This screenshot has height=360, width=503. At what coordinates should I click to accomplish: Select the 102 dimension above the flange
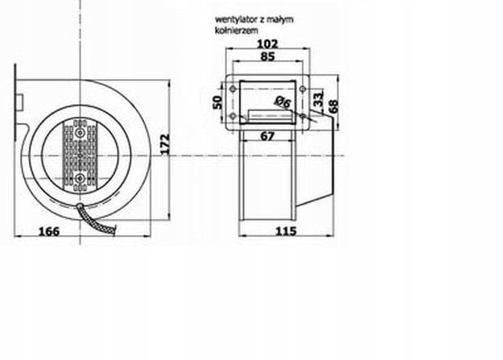click(x=269, y=44)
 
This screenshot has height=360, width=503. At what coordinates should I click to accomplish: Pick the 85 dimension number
click(x=269, y=57)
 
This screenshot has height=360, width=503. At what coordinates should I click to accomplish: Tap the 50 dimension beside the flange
click(x=217, y=102)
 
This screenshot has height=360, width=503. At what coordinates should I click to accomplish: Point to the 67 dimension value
click(x=268, y=136)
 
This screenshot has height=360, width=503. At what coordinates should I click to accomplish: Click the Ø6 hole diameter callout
click(x=282, y=102)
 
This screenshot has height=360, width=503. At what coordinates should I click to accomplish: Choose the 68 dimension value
click(x=332, y=106)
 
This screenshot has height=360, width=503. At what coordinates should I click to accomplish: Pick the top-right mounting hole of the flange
click(x=303, y=88)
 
